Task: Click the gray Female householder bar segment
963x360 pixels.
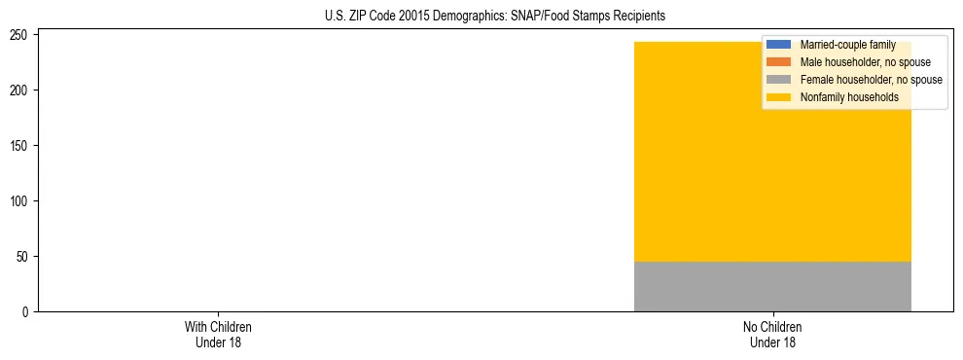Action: (x=772, y=287)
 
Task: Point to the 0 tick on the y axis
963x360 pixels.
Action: (x=27, y=312)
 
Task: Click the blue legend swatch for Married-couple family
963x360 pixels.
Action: (x=779, y=45)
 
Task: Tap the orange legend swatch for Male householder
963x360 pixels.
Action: (x=779, y=62)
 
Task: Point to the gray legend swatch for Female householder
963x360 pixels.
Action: (x=779, y=80)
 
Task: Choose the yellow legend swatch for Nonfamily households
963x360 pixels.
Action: (x=779, y=97)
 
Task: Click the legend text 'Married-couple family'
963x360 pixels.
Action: (x=847, y=45)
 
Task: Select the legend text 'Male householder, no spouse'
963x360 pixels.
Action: (x=859, y=62)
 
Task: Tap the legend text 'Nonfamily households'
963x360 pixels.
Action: (x=848, y=97)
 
